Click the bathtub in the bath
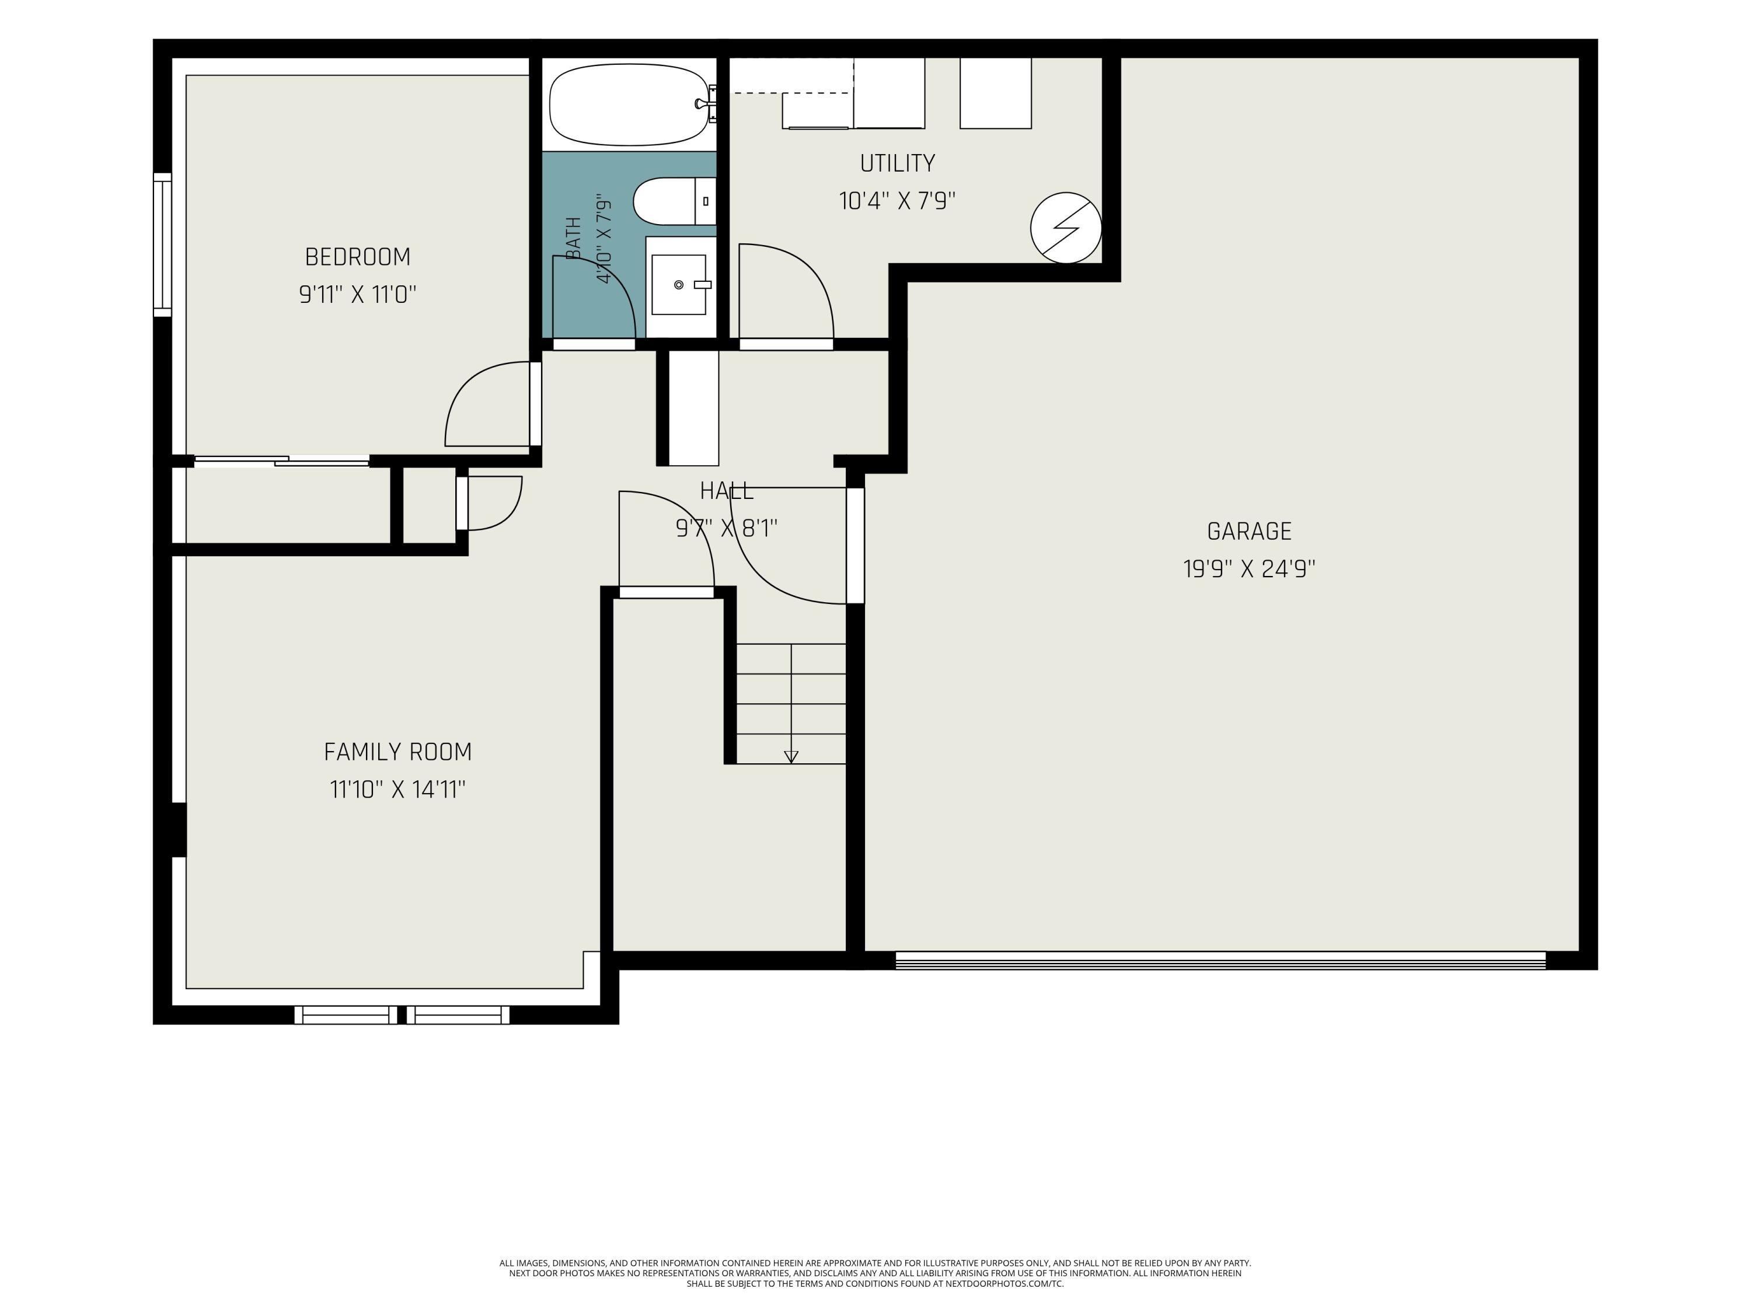click(x=629, y=104)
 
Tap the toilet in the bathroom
click(x=675, y=201)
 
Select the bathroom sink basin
click(x=678, y=284)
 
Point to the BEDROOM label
click(x=358, y=257)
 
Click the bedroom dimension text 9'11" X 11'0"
click(x=358, y=295)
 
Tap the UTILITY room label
click(x=898, y=163)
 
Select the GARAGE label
click(x=1249, y=531)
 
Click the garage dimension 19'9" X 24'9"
click(x=1249, y=569)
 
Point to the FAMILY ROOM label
click(x=398, y=752)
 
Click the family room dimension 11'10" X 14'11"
click(x=398, y=790)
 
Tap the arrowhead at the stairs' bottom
click(x=791, y=757)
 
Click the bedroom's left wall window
click(x=162, y=245)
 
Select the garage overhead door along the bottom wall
click(x=1220, y=960)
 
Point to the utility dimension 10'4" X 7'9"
click(x=898, y=201)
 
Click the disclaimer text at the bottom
click(x=875, y=1273)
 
